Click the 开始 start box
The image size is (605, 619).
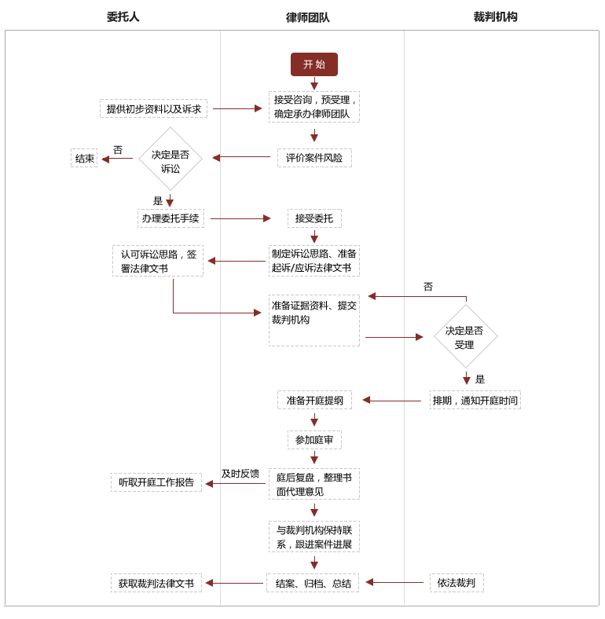point(313,64)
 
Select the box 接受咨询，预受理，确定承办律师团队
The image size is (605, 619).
point(313,107)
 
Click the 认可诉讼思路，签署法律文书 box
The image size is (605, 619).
point(158,261)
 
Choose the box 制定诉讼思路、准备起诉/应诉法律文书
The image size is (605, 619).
point(313,261)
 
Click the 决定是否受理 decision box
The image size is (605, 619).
point(465,336)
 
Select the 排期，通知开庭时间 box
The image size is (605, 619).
point(475,400)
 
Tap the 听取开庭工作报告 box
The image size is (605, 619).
point(156,482)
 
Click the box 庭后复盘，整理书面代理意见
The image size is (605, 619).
point(313,484)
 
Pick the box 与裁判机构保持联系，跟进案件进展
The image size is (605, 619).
point(313,537)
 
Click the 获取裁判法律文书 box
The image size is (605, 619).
point(156,583)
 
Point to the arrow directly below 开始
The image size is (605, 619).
point(314,84)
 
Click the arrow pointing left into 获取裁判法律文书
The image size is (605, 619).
point(209,583)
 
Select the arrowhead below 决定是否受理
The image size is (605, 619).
point(467,380)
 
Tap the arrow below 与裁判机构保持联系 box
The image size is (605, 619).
point(314,563)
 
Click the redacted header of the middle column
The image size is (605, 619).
point(307,17)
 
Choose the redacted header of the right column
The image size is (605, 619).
point(495,16)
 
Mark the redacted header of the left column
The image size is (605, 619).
point(123,16)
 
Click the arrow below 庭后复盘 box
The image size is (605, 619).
point(314,511)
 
